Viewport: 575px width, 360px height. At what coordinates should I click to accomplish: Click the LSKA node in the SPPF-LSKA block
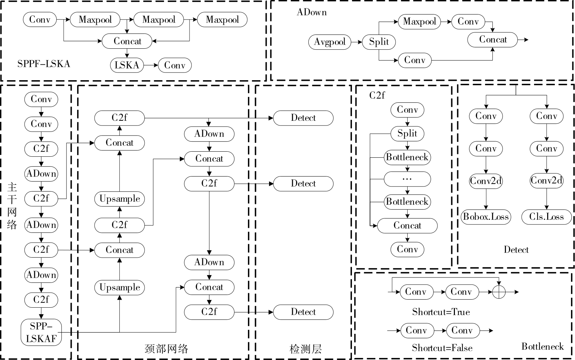click(x=127, y=65)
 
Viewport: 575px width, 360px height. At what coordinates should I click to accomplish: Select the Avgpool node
click(x=329, y=42)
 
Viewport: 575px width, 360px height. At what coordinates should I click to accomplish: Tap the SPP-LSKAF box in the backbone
click(x=41, y=332)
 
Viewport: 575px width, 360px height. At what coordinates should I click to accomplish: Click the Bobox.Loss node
click(x=486, y=217)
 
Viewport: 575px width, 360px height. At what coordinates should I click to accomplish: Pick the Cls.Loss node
click(x=546, y=217)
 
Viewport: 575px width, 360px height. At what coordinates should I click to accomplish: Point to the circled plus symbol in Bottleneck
click(x=499, y=292)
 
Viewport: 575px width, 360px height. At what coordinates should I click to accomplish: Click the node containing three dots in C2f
click(x=407, y=179)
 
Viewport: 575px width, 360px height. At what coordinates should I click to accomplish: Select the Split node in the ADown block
click(x=379, y=42)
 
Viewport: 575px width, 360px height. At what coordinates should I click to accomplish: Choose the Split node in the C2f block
click(x=407, y=134)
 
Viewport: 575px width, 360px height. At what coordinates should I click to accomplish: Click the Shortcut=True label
click(x=441, y=312)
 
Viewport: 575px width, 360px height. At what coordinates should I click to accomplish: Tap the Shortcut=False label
click(x=442, y=348)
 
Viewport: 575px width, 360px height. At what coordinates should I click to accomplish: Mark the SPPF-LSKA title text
click(x=44, y=64)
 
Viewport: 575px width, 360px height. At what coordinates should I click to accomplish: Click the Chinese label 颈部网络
click(x=166, y=349)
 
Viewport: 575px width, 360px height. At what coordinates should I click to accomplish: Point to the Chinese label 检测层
click(x=305, y=349)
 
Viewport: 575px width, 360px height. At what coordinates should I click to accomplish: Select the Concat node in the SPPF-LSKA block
click(x=127, y=41)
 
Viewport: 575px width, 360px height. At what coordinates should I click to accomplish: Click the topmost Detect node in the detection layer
click(x=303, y=118)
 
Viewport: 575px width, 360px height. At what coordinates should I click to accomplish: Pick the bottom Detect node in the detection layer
click(x=303, y=312)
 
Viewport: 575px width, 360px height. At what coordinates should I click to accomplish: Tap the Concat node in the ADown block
click(x=492, y=40)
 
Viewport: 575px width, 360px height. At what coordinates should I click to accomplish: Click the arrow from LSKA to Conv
click(x=151, y=65)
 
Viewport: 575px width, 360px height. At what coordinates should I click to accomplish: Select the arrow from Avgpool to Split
click(x=356, y=42)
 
